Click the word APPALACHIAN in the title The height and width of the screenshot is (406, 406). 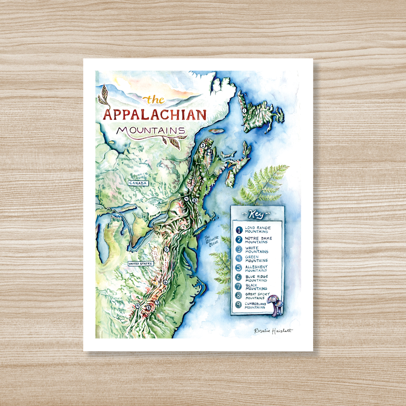155,115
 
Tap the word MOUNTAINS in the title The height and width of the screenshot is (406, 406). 151,131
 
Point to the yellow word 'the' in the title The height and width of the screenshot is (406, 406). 154,100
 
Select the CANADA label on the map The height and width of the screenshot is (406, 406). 138,183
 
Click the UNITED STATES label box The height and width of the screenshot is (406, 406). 140,264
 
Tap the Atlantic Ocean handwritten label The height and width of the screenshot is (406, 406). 212,241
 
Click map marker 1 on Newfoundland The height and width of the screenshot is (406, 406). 244,110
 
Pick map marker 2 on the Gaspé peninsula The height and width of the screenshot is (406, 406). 203,145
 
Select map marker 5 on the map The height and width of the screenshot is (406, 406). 167,249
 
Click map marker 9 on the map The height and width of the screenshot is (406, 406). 137,306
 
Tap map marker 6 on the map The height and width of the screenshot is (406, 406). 165,282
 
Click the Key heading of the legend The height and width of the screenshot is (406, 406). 257,215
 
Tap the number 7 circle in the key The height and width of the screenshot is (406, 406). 239,287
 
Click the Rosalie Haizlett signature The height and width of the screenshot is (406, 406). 273,331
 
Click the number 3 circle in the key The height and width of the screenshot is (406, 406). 239,249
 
